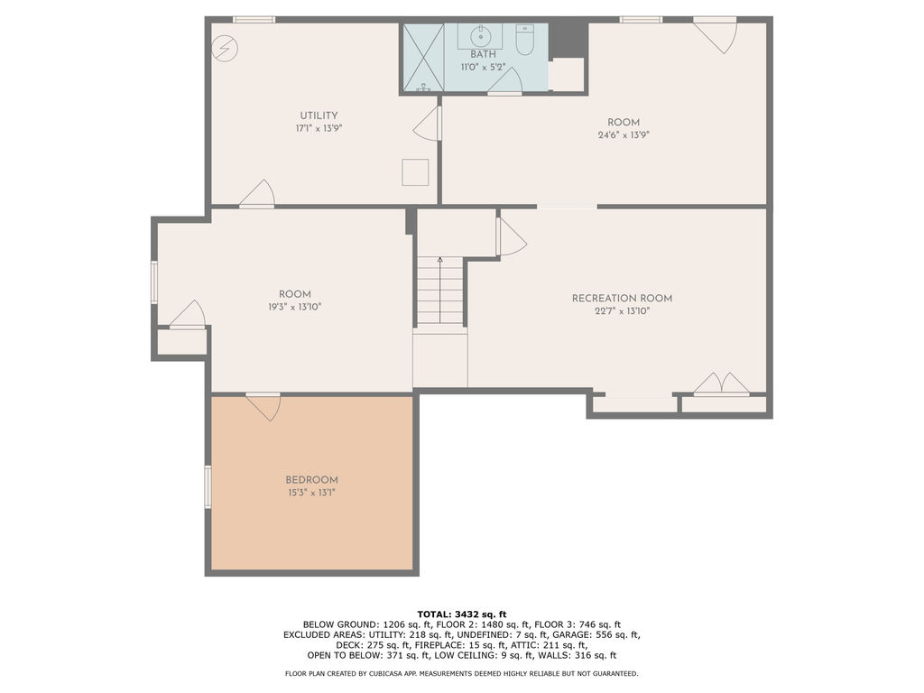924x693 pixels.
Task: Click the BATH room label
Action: pyautogui.click(x=483, y=54)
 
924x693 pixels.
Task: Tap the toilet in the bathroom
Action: pyautogui.click(x=524, y=39)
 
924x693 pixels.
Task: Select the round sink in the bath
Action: pyautogui.click(x=482, y=36)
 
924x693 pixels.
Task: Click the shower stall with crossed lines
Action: pyautogui.click(x=423, y=58)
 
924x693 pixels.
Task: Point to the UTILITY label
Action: pyautogui.click(x=319, y=115)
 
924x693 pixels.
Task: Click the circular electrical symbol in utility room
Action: pyautogui.click(x=225, y=49)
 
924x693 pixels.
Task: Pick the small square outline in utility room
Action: pyautogui.click(x=415, y=172)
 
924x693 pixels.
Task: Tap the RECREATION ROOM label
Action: pyautogui.click(x=622, y=298)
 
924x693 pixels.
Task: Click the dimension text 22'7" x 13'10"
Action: pyautogui.click(x=622, y=311)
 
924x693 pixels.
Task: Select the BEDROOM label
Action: pyautogui.click(x=311, y=480)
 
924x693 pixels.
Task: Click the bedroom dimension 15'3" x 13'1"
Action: pyautogui.click(x=311, y=493)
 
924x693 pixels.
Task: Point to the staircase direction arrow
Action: pyautogui.click(x=439, y=290)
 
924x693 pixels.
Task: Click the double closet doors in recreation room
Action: pyautogui.click(x=721, y=383)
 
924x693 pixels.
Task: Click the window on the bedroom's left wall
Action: pyautogui.click(x=208, y=486)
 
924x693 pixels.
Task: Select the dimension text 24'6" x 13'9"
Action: pyautogui.click(x=624, y=135)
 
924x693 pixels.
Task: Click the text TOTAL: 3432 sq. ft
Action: pyautogui.click(x=462, y=614)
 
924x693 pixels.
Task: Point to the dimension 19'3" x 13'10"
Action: pyautogui.click(x=295, y=307)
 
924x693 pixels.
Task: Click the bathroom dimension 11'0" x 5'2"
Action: pyautogui.click(x=483, y=67)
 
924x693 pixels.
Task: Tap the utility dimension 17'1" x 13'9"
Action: pyautogui.click(x=319, y=128)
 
